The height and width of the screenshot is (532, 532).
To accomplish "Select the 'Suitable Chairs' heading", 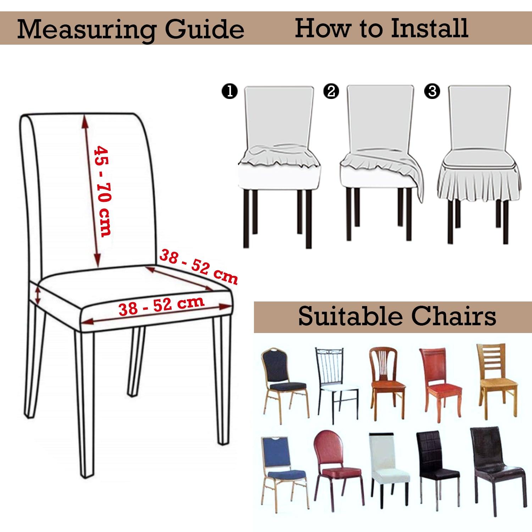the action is click(397, 316).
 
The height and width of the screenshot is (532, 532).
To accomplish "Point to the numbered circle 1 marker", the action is click(229, 92).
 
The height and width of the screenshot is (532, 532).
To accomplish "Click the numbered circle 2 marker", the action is click(331, 91).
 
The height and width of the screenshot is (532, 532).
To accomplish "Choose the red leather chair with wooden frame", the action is click(440, 384).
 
